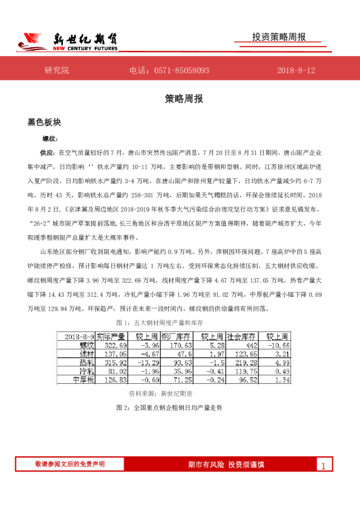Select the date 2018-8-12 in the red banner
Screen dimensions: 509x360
(x=296, y=71)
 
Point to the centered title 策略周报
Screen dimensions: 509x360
(x=180, y=98)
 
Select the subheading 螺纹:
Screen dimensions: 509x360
(x=48, y=138)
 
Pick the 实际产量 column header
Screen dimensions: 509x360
(x=111, y=336)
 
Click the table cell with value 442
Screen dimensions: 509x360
(x=250, y=345)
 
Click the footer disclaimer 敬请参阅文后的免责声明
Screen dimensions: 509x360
(x=70, y=464)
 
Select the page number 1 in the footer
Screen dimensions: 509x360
(x=324, y=466)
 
